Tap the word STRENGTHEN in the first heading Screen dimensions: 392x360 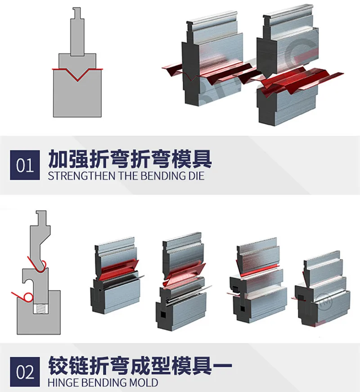coord(81,176)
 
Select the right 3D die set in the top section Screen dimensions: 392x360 coord(288,68)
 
